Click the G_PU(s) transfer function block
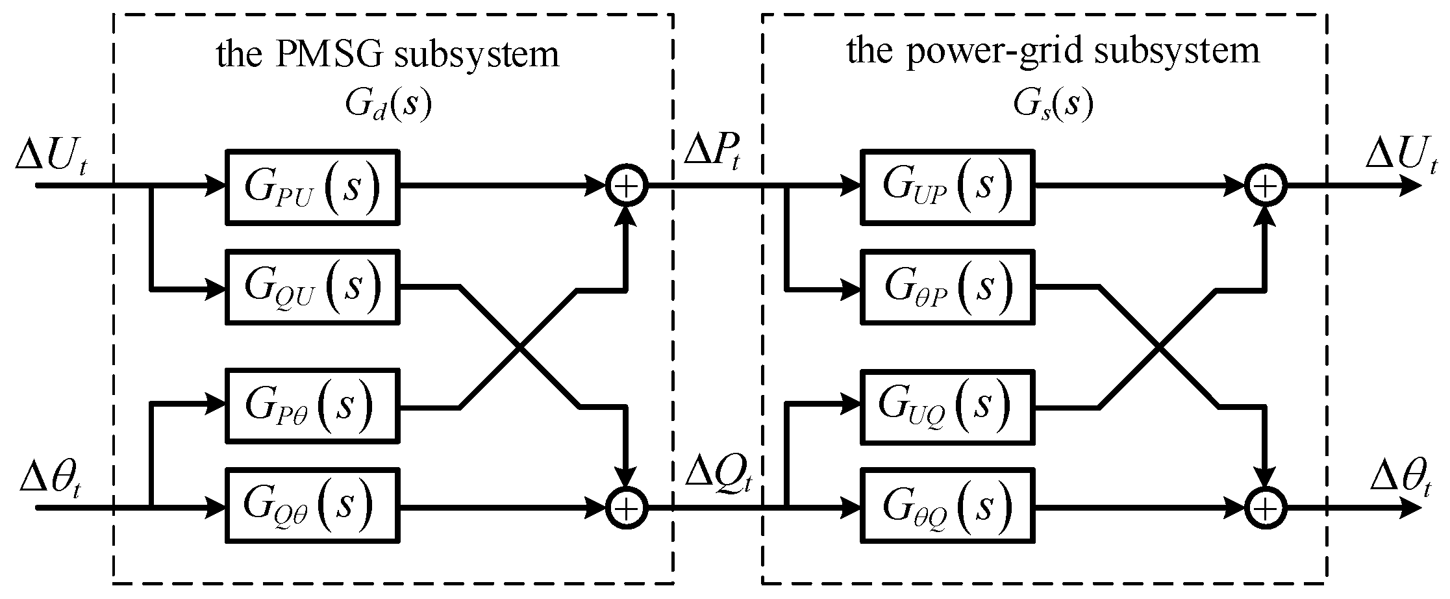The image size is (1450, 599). (312, 187)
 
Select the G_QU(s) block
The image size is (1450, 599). (312, 287)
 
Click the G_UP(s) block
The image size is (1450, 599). (947, 187)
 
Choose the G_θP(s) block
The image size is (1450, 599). (947, 287)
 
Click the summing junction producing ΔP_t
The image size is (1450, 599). (627, 187)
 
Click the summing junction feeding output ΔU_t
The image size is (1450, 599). (1265, 187)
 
